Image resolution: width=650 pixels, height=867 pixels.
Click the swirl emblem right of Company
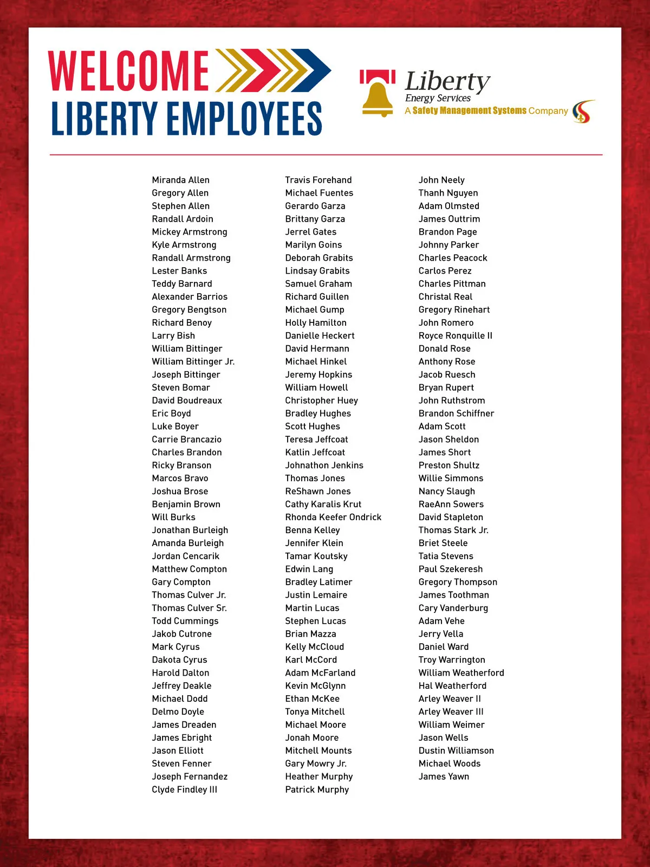click(x=583, y=112)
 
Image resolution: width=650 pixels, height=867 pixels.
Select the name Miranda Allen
click(x=180, y=180)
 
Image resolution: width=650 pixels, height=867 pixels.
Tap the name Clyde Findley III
click(x=184, y=790)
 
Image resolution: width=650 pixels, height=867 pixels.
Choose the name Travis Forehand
click(x=318, y=180)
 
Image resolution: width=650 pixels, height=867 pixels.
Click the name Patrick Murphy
click(x=317, y=790)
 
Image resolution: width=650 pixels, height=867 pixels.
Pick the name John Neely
click(x=441, y=180)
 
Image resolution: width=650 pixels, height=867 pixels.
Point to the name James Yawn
click(x=444, y=777)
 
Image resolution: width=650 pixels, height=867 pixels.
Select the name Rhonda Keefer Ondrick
click(x=333, y=517)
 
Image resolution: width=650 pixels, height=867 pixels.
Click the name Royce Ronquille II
click(x=455, y=335)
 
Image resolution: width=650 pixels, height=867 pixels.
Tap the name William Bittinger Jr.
click(x=193, y=361)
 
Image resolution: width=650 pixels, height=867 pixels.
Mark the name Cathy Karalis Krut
click(x=323, y=504)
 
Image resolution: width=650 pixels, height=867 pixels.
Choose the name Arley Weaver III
click(x=451, y=711)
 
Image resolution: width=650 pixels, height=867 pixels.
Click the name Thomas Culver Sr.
click(x=189, y=608)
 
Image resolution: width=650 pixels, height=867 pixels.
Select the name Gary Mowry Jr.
click(x=316, y=764)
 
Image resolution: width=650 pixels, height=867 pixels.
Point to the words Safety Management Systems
click(x=469, y=111)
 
